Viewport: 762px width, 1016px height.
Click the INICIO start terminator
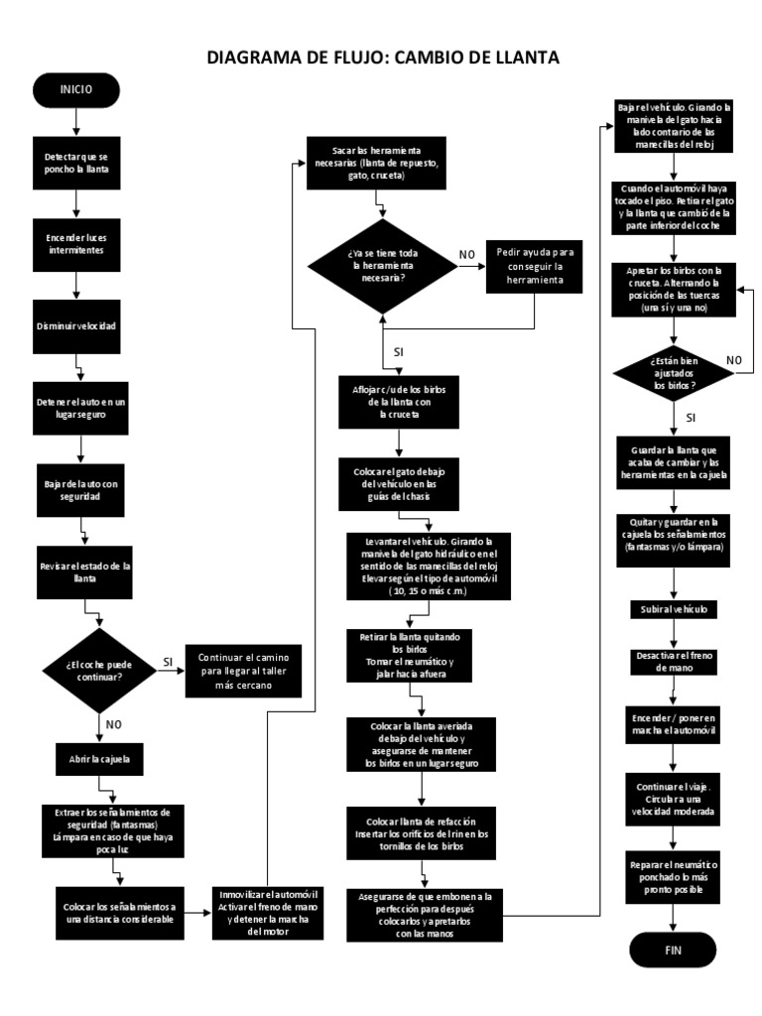[x=75, y=89]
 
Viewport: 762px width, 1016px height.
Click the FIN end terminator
[x=673, y=950]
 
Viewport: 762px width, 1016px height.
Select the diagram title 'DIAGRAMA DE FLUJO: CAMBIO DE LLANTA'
[x=382, y=59]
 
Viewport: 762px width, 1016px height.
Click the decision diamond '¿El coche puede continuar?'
[x=97, y=670]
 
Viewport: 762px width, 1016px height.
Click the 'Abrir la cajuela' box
[x=97, y=762]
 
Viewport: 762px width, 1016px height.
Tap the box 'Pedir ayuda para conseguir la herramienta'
[x=536, y=267]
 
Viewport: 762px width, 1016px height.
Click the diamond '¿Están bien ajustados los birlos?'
[x=673, y=372]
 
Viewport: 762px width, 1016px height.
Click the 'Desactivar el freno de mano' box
[x=673, y=662]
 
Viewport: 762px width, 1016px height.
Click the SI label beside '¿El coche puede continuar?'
[x=168, y=661]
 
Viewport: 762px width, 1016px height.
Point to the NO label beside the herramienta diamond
[x=466, y=255]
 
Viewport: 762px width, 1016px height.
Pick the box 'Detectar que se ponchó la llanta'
[x=75, y=162]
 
